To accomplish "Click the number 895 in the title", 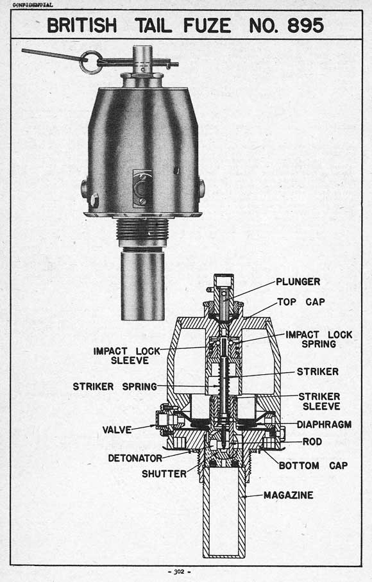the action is tap(305, 26).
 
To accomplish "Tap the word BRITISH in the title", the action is tap(82, 26).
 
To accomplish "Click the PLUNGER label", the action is tap(298, 282).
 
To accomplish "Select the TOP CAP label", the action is tap(301, 302).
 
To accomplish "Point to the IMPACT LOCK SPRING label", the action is tap(319, 339).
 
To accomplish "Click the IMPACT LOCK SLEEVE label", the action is tap(126, 356).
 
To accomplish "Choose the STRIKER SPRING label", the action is tap(115, 387).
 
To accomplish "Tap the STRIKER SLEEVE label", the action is tap(319, 401).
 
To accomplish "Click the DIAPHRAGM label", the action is tap(324, 424).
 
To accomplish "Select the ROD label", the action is tap(312, 442).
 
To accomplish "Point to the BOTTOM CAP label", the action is tap(314, 465).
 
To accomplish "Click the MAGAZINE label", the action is tap(289, 495).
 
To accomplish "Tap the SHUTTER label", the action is tap(164, 474).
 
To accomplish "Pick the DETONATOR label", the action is tap(135, 458).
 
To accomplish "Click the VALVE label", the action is tap(117, 430).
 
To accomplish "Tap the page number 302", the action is tap(179, 572).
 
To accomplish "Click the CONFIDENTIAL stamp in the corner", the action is tap(33, 5).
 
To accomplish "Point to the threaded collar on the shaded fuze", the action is tap(142, 229).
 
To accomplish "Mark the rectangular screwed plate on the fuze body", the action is tap(142, 189).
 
